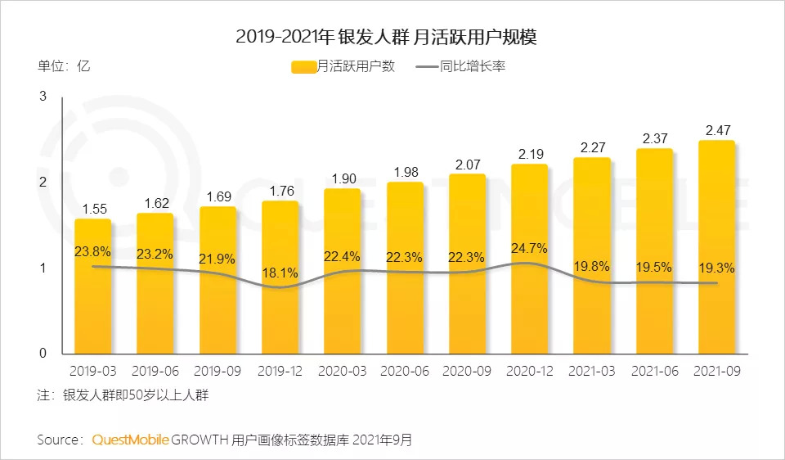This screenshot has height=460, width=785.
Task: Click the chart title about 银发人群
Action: (x=392, y=36)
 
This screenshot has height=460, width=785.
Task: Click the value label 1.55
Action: (x=93, y=209)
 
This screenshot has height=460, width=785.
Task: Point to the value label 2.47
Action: (x=716, y=130)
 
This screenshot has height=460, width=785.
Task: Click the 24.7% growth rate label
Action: (x=528, y=247)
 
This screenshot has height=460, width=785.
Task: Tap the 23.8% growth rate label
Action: (x=92, y=251)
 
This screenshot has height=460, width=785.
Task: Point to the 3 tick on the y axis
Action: (x=43, y=97)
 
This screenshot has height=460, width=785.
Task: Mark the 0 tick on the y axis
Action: (x=43, y=354)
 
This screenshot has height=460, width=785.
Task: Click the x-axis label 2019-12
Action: (x=280, y=371)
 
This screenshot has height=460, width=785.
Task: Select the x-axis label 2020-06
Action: (x=404, y=371)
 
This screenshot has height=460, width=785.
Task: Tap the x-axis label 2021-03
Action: (x=591, y=371)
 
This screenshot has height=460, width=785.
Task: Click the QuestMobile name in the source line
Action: (x=130, y=440)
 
